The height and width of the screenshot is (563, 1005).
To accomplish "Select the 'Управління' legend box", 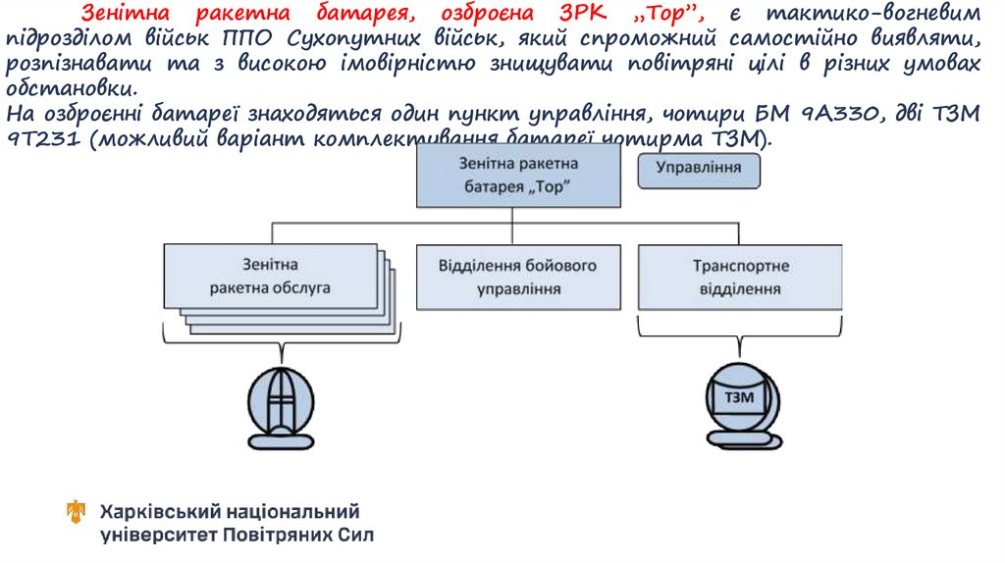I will pos(698,169).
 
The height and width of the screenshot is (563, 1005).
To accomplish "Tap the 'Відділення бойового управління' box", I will pos(518,278).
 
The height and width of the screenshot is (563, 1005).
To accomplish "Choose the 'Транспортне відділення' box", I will pos(741,278).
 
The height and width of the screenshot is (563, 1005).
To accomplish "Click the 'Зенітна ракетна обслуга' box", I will pos(269,277).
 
